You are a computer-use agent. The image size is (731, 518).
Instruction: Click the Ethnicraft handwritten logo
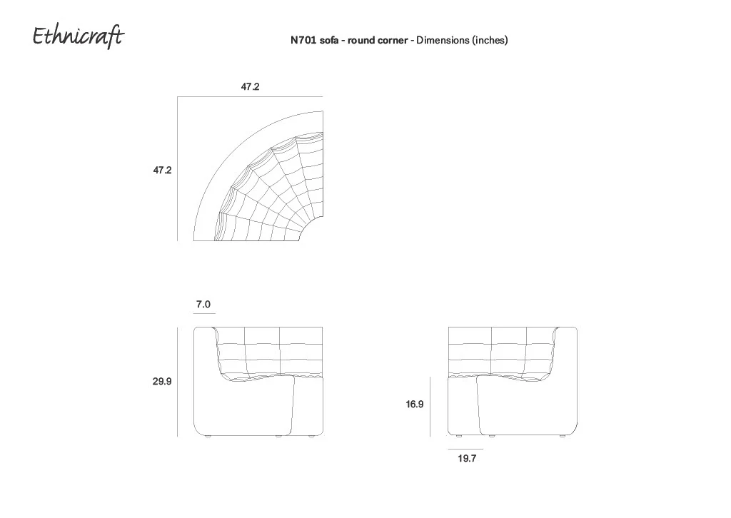pyautogui.click(x=79, y=36)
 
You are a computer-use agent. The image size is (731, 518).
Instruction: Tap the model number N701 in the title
pyautogui.click(x=303, y=40)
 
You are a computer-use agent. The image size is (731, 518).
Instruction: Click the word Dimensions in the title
pyautogui.click(x=443, y=40)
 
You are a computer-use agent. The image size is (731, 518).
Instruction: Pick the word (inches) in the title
pyautogui.click(x=490, y=41)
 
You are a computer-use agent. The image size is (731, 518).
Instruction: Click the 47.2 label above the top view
pyautogui.click(x=250, y=86)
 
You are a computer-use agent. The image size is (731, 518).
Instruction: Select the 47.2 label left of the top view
pyautogui.click(x=162, y=170)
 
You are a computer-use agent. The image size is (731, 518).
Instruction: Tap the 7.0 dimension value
pyautogui.click(x=203, y=304)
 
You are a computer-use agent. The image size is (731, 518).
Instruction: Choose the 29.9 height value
pyautogui.click(x=162, y=382)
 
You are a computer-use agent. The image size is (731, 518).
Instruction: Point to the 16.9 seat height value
pyautogui.click(x=415, y=405)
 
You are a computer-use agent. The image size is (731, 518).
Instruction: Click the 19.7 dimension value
pyautogui.click(x=467, y=458)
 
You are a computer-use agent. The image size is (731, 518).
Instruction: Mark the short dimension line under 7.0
pyautogui.click(x=204, y=314)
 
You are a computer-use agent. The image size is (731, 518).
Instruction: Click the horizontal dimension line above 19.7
pyautogui.click(x=465, y=449)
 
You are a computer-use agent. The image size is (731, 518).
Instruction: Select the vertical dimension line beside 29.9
pyautogui.click(x=177, y=382)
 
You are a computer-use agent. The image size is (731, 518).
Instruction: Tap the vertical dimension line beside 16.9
pyautogui.click(x=430, y=407)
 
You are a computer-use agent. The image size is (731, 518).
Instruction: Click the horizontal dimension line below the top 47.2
pyautogui.click(x=250, y=96)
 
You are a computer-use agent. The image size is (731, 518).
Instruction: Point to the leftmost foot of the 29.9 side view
pyautogui.click(x=208, y=437)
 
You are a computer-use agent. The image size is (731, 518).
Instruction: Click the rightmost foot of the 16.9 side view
pyautogui.click(x=562, y=437)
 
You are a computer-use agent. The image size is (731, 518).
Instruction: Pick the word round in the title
pyautogui.click(x=361, y=41)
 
